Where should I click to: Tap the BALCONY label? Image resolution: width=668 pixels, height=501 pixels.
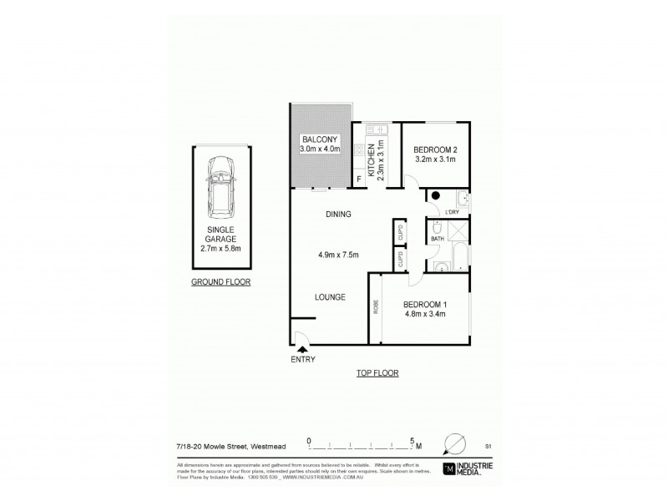[321, 139]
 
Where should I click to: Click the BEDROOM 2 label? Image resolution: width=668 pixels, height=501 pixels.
[437, 150]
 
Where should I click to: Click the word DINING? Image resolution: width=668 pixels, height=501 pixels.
[338, 215]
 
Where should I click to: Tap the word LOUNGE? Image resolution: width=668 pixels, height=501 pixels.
[331, 297]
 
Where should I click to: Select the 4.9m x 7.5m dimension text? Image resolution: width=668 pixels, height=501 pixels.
[338, 256]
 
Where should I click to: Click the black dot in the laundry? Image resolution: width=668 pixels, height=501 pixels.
[436, 196]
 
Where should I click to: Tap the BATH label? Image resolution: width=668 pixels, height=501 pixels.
[437, 240]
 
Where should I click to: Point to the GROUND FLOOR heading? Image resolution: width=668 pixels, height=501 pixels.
[221, 282]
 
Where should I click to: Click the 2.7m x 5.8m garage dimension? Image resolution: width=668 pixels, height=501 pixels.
[221, 247]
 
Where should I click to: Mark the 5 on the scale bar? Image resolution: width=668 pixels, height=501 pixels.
[411, 438]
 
